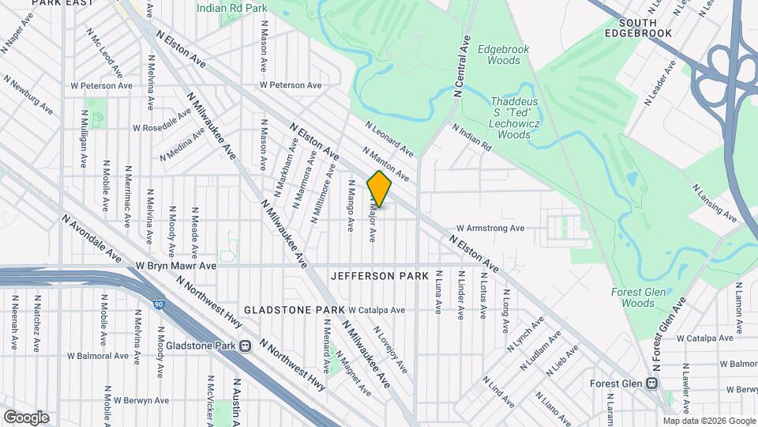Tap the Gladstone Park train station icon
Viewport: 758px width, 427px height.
pos(246,346)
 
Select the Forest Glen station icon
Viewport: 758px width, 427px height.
pos(652,384)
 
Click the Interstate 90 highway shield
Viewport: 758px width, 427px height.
pos(160,304)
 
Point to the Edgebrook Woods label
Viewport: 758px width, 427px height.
pos(504,55)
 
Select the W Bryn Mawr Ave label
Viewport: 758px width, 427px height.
pos(176,266)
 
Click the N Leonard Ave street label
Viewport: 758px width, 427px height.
pos(389,138)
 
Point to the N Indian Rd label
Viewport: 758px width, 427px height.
pos(471,137)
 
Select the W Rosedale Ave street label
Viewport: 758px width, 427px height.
pos(162,127)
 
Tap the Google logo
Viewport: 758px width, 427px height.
pos(26,417)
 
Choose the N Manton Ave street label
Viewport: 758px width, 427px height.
pos(385,163)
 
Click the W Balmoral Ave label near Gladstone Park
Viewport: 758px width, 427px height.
pos(97,356)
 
